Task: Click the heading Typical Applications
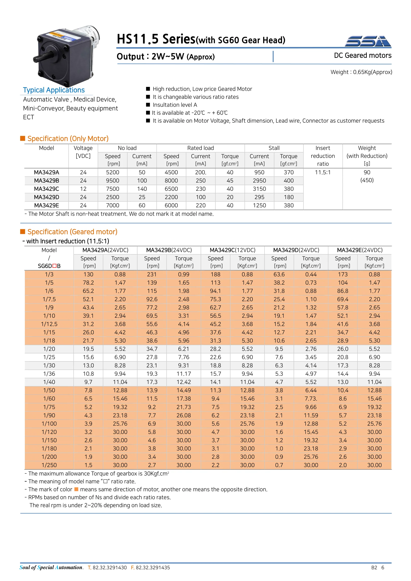(54, 90)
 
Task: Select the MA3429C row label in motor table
(46, 189)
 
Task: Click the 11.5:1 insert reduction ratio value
(323, 172)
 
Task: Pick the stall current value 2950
(259, 181)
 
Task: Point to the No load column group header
(127, 148)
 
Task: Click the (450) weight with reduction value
(367, 180)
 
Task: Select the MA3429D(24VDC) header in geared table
(296, 250)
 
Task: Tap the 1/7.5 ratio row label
(49, 299)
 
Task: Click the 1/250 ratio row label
(49, 465)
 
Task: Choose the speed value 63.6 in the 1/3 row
(279, 274)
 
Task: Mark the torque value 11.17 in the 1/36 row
(183, 374)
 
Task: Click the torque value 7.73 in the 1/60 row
(311, 398)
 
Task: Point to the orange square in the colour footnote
(76, 489)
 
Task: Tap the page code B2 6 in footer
(377, 567)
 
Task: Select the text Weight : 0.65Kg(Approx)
(361, 72)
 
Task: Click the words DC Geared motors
(362, 55)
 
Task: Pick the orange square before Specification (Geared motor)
(23, 232)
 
